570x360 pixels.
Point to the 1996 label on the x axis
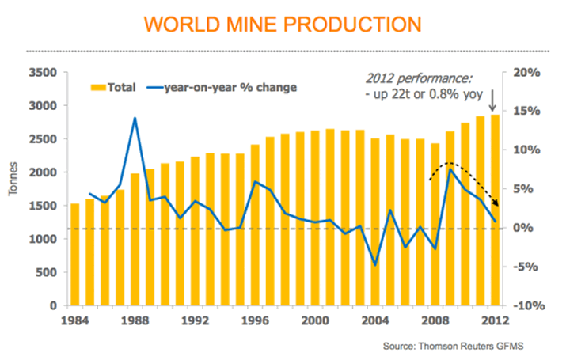pyautogui.click(x=254, y=320)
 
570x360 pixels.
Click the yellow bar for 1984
pyautogui.click(x=74, y=254)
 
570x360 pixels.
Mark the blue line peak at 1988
pyautogui.click(x=135, y=119)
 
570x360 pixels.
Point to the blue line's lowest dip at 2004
pyautogui.click(x=374, y=264)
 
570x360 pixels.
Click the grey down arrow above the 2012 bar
pyautogui.click(x=493, y=100)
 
